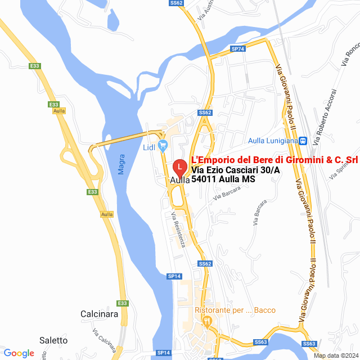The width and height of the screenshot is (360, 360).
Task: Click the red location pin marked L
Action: (x=179, y=167)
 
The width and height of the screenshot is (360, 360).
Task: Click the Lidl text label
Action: (x=149, y=148)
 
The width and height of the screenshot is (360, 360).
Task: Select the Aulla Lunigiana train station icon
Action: (x=303, y=141)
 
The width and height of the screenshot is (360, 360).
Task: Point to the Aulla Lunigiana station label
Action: (x=272, y=141)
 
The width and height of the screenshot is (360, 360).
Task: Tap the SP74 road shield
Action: (x=238, y=49)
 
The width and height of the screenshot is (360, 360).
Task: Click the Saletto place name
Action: (x=53, y=340)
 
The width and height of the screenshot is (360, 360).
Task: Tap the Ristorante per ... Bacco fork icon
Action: (x=208, y=322)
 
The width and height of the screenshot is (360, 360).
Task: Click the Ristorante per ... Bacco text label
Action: (x=235, y=310)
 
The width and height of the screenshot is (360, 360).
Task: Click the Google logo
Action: (x=19, y=353)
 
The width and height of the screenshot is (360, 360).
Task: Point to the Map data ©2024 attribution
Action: (x=335, y=355)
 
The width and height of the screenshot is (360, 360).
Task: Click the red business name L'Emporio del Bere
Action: (x=274, y=160)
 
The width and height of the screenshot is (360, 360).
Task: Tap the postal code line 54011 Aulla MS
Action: (x=223, y=179)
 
